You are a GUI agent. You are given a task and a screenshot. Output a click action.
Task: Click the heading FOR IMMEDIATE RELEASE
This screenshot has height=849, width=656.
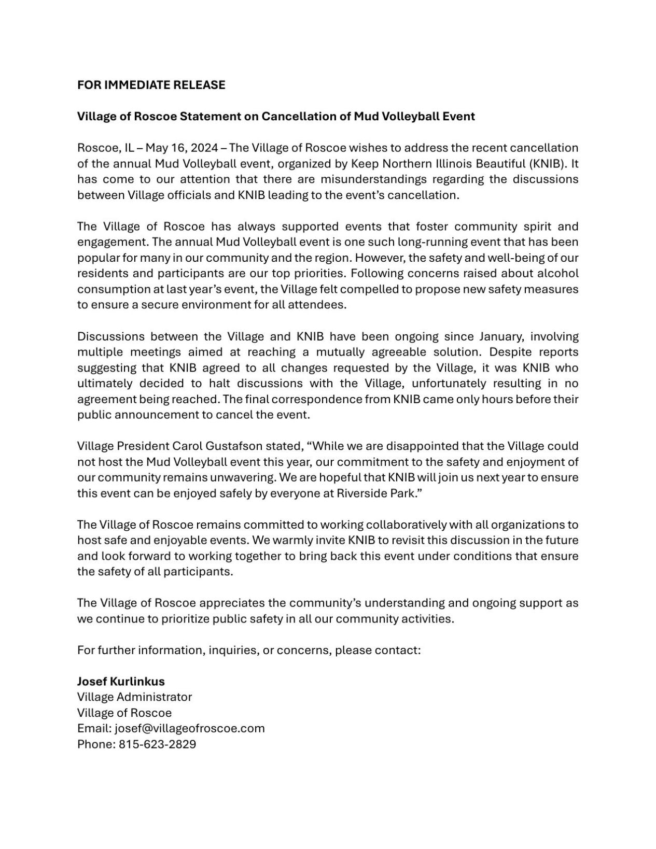[151, 85]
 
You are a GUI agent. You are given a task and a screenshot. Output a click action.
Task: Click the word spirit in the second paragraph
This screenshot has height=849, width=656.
[524, 227]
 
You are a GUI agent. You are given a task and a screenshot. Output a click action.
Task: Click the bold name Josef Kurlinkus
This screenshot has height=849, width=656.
[121, 681]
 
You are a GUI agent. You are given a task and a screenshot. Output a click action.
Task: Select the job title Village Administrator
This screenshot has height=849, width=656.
[134, 697]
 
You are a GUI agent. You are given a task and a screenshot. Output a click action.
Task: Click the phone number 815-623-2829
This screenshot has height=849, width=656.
[157, 744]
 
